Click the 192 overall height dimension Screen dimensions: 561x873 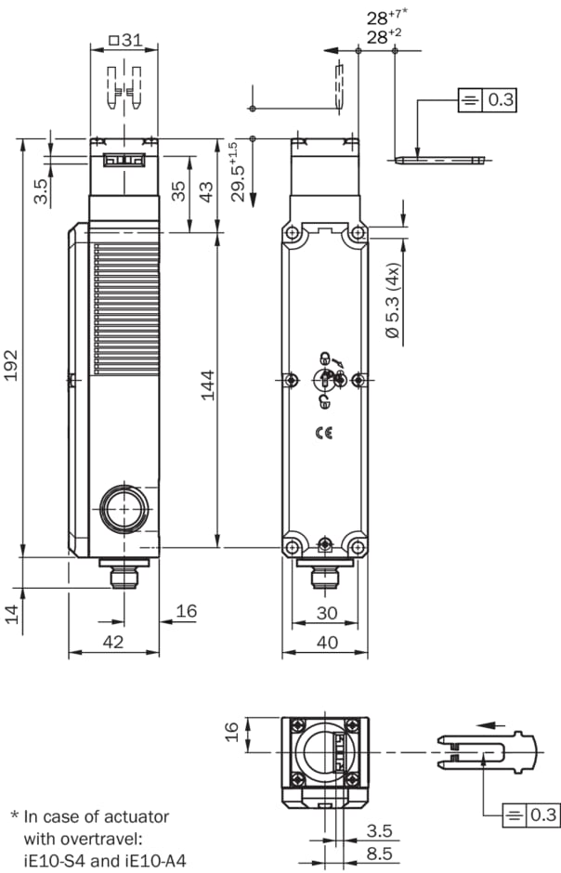(11, 365)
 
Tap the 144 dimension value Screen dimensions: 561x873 (208, 384)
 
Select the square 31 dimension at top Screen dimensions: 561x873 (125, 40)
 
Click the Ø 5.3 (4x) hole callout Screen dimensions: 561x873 (393, 301)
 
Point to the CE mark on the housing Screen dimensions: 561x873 (324, 433)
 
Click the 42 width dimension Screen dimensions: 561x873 (113, 642)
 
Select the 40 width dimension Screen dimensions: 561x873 (327, 642)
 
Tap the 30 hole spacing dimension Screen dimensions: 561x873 (327, 612)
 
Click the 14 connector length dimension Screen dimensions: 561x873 (12, 614)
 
